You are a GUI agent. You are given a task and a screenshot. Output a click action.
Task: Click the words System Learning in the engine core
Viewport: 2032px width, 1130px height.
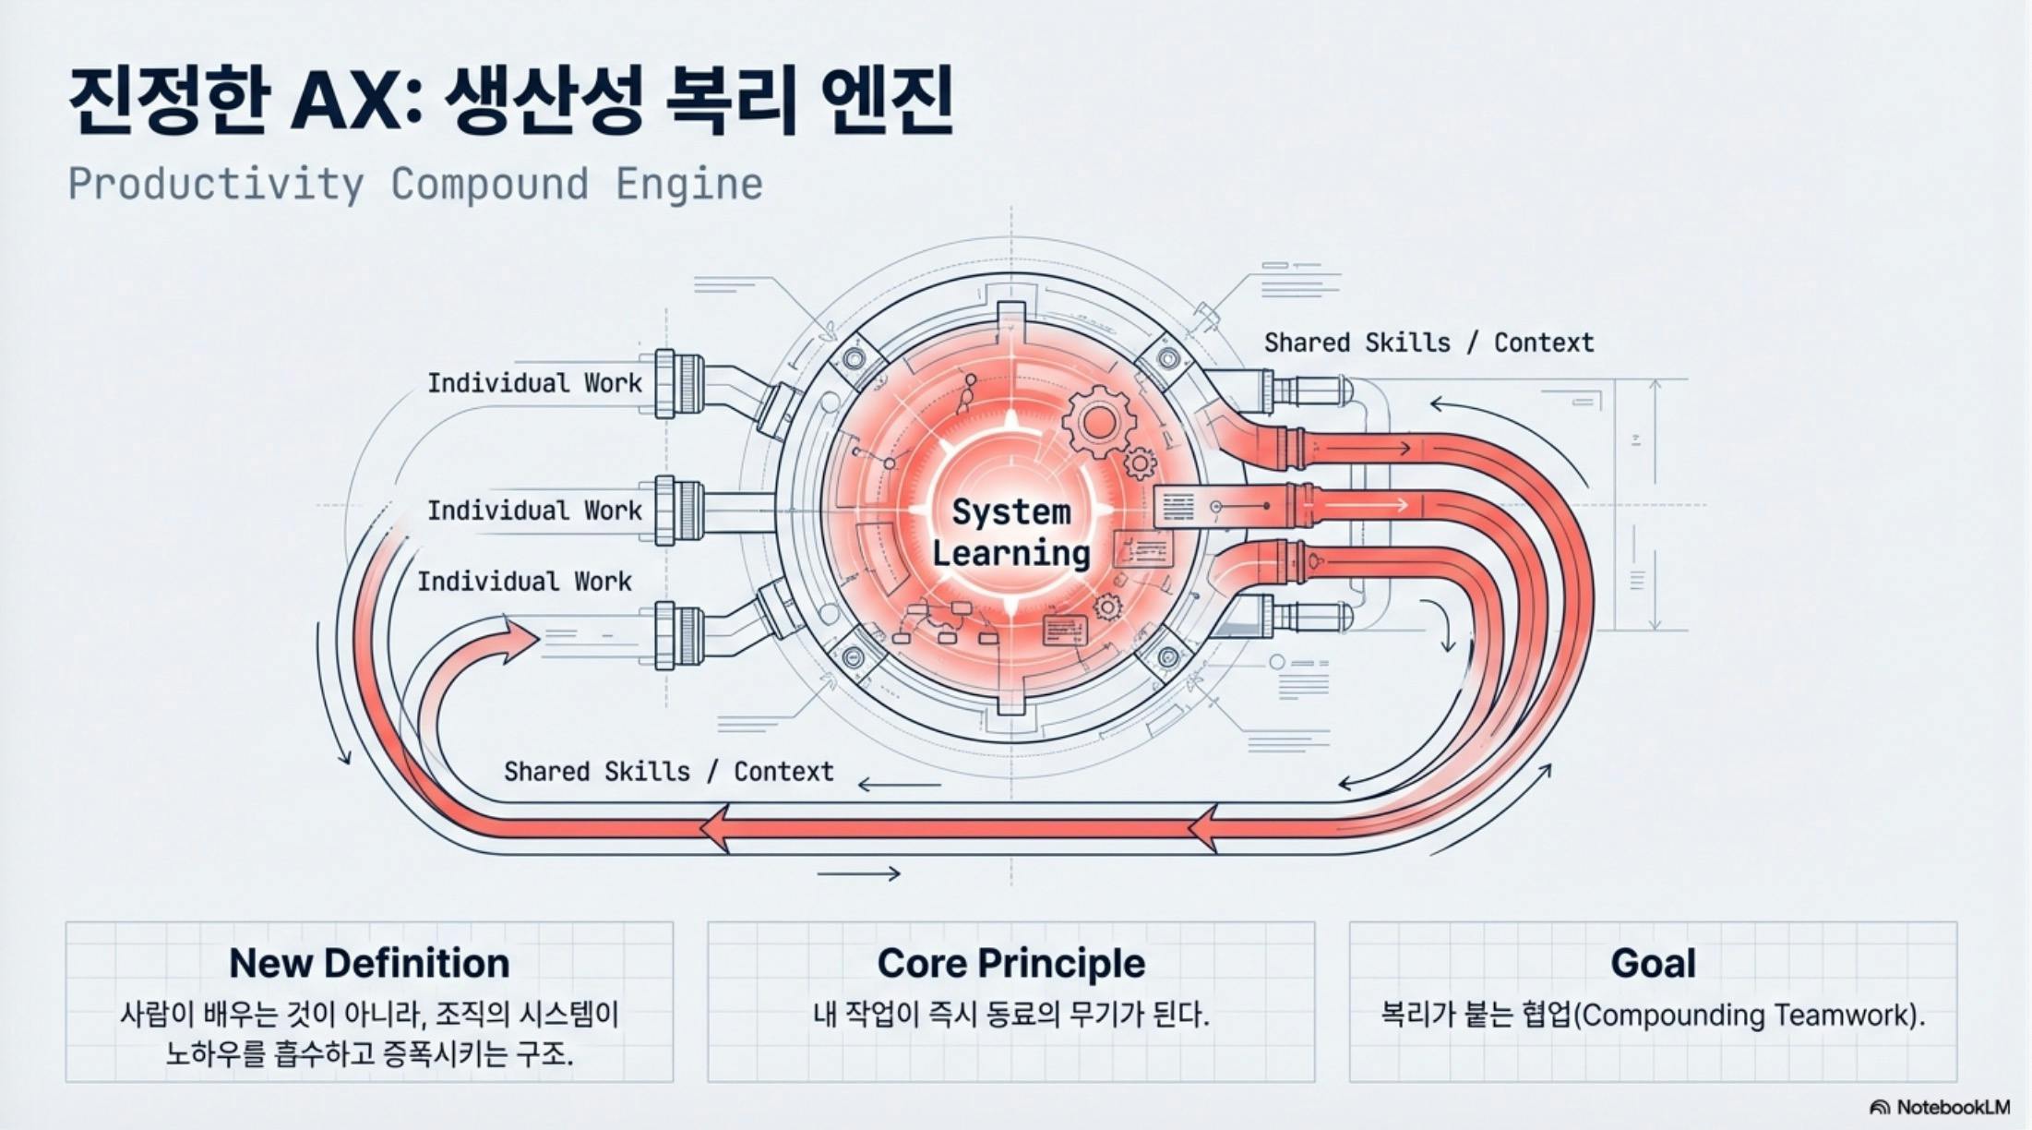click(1010, 533)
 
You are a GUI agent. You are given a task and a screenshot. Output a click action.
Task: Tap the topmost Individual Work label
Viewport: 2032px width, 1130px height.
click(533, 383)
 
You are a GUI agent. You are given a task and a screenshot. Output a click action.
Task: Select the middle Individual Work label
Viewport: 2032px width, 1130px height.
click(533, 511)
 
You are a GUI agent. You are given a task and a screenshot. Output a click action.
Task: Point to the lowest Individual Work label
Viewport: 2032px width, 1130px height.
click(523, 582)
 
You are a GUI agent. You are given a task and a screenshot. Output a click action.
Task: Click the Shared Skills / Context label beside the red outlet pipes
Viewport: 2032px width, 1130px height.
click(1428, 343)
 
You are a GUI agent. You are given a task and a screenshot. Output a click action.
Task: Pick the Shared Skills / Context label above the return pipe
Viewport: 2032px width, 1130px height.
click(668, 772)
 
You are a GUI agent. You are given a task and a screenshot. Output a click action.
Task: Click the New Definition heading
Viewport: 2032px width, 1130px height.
click(369, 963)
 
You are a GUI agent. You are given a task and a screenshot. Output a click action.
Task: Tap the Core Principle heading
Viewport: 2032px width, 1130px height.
click(1010, 963)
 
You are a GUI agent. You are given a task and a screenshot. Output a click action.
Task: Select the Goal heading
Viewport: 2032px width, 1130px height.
click(1653, 963)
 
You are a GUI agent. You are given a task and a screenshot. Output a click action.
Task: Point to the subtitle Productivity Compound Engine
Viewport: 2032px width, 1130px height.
click(415, 184)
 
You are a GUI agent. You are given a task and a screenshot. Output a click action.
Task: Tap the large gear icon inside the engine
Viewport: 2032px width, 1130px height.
click(1097, 423)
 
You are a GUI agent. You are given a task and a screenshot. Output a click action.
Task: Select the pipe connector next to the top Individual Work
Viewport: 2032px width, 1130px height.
click(678, 383)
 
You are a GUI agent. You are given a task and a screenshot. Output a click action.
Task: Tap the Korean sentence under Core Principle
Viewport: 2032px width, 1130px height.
click(1010, 1016)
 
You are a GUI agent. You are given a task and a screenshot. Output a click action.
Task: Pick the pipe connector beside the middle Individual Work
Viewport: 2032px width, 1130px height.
click(678, 511)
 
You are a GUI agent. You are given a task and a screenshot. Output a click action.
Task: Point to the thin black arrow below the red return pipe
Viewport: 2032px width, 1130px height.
click(858, 873)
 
